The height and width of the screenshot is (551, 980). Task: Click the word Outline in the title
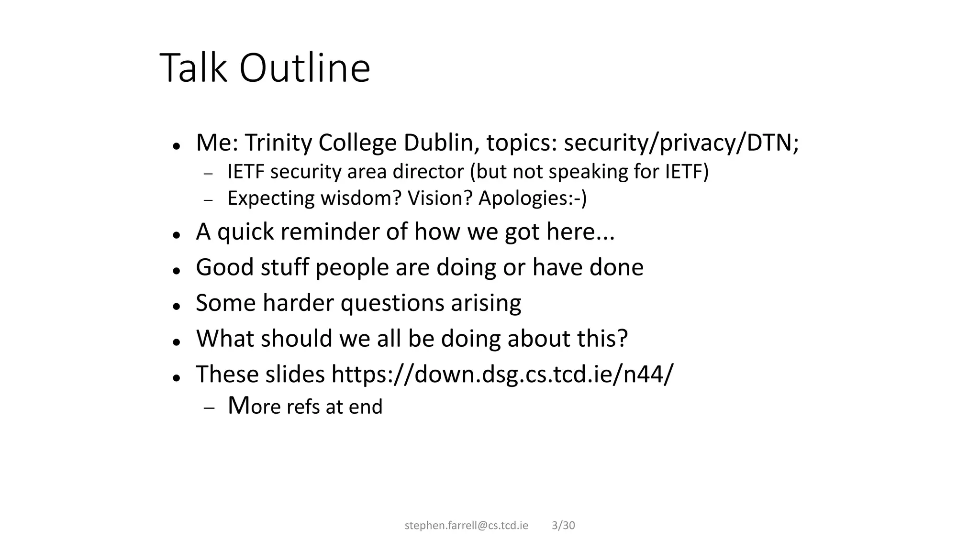304,68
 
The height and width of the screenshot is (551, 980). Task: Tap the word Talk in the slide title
193,68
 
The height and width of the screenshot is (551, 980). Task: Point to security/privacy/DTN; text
681,143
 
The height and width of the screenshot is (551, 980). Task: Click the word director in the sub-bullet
428,172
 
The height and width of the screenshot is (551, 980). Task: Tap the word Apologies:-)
532,198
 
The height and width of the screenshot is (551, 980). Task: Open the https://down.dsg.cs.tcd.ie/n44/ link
502,374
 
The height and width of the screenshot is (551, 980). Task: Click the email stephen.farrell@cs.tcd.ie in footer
467,526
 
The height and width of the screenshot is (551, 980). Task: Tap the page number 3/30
563,526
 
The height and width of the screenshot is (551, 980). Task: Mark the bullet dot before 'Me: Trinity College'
177,146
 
